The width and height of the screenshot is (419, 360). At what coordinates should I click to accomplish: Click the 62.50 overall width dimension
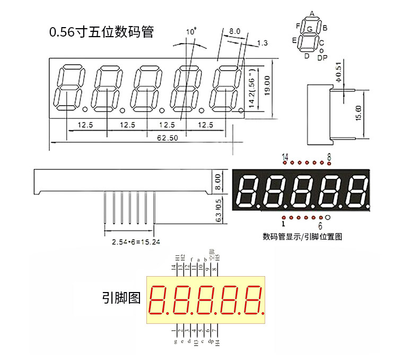167,138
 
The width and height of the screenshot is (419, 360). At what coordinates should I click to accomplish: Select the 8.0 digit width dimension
235,31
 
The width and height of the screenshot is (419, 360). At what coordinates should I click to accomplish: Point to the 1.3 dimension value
261,42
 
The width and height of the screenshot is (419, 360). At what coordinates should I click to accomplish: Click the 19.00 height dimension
267,84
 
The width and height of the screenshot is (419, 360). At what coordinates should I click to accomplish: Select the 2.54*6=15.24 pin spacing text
136,242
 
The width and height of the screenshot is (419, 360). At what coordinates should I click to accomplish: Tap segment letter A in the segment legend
312,13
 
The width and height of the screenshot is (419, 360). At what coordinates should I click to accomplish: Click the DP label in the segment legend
322,58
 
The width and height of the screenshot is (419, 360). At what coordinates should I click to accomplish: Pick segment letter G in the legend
309,30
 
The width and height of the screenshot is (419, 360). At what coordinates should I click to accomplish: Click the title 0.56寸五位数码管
101,32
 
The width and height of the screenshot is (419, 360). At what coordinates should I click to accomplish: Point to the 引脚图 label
121,298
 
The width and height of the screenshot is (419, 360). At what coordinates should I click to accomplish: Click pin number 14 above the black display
285,157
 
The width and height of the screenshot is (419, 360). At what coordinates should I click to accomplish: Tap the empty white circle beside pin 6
328,217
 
